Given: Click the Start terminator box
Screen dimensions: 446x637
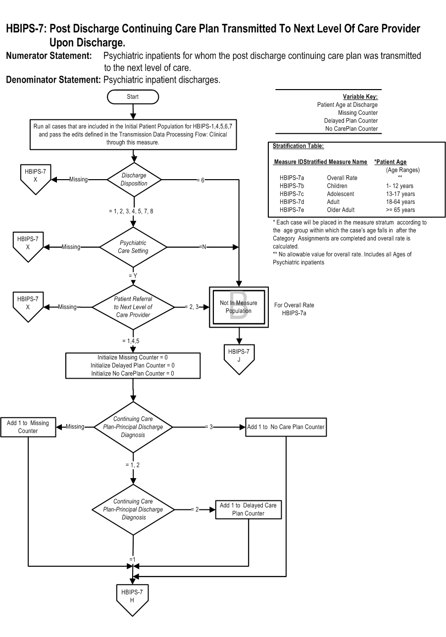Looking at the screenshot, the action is click(133, 97).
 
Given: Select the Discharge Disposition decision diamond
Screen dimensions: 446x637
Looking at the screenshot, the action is click(134, 180).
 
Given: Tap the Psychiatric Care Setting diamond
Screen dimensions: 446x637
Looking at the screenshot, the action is click(133, 247).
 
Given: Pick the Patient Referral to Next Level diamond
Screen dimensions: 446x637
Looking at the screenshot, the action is click(133, 307).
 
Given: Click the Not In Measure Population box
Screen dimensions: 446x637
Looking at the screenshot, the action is click(239, 307).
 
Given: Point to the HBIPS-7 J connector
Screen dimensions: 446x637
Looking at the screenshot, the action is click(239, 359).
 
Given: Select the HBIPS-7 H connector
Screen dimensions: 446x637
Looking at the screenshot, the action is click(132, 599).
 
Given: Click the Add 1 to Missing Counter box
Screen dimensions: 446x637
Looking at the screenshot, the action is click(28, 427).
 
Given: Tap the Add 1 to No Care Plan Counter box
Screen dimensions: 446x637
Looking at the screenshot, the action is click(286, 427).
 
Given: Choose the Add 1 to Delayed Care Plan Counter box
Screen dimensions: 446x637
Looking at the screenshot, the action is click(248, 509).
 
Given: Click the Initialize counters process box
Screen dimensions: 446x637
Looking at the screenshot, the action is click(133, 365).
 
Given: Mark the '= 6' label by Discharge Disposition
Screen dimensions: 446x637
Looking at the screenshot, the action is click(200, 180).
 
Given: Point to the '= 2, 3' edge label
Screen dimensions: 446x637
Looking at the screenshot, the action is click(192, 307).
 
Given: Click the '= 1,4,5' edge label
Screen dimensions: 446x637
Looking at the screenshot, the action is click(131, 341).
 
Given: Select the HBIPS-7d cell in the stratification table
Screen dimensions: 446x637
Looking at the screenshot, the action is click(292, 201).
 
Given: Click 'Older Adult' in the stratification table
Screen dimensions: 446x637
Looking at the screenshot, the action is click(341, 210).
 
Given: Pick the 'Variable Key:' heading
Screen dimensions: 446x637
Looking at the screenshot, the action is click(360, 97).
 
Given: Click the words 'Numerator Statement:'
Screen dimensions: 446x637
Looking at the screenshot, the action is click(49, 56).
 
